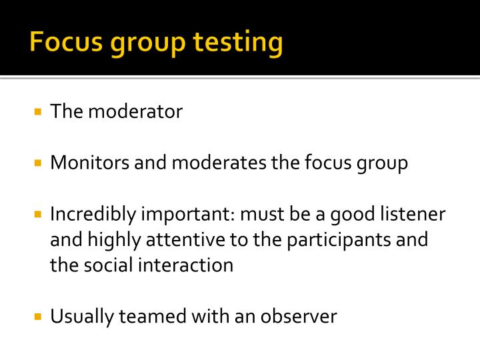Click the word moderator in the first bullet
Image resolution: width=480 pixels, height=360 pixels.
tap(135, 111)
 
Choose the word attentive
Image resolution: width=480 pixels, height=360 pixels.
tap(197, 240)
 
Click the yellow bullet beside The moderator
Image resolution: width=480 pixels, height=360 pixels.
tap(37, 111)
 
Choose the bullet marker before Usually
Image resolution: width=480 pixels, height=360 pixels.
tap(37, 316)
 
